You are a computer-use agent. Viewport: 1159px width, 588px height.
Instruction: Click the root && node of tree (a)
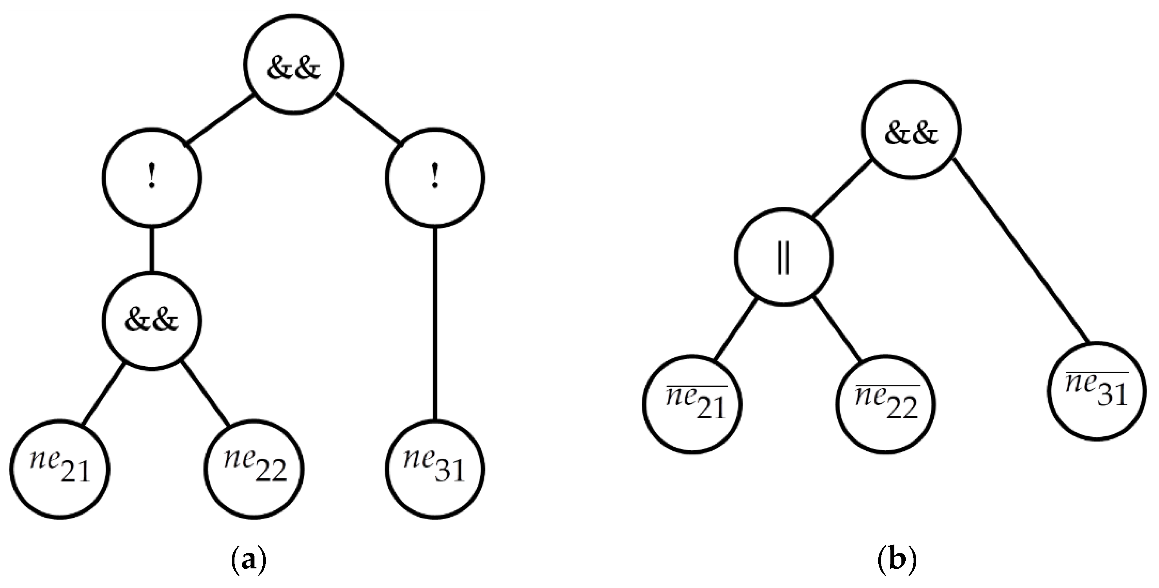[293, 64]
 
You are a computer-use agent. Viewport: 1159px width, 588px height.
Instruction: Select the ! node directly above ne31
[434, 178]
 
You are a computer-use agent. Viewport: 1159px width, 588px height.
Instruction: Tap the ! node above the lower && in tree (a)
[152, 178]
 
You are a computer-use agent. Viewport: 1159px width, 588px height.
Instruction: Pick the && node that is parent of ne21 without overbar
[152, 320]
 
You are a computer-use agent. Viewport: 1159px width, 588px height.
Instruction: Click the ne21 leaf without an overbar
[60, 469]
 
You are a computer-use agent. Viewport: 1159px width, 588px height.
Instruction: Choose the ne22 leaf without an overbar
[254, 469]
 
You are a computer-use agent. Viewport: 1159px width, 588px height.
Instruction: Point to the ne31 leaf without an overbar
[434, 469]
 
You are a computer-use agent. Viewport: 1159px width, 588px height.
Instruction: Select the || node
[783, 257]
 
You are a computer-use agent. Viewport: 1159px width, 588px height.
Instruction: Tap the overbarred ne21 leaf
[692, 404]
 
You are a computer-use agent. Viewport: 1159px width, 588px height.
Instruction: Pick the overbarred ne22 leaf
[885, 404]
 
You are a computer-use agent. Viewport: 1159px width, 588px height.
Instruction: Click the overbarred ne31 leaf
[1096, 391]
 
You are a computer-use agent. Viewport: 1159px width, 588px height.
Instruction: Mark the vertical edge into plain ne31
[434, 324]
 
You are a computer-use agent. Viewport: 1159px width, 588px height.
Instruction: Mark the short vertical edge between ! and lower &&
[152, 250]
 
